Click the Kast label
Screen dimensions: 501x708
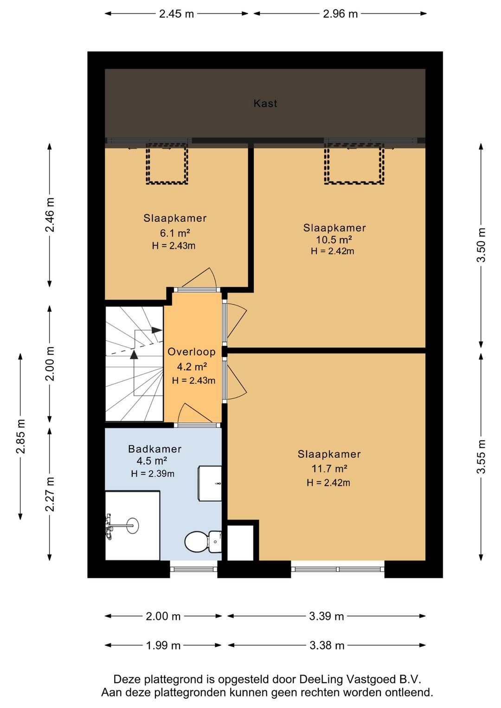[265, 103]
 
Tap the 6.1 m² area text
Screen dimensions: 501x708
[175, 233]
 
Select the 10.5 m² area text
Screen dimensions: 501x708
[334, 239]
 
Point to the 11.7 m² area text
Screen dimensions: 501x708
[329, 468]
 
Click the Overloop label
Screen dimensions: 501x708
[192, 352]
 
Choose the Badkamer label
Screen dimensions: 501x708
[155, 449]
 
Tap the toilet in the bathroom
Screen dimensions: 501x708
[203, 542]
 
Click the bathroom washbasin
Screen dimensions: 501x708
[210, 483]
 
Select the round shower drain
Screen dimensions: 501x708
[133, 526]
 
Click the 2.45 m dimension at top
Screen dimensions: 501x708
[176, 14]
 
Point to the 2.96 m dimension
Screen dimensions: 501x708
[340, 14]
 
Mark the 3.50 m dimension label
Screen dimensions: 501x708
[481, 245]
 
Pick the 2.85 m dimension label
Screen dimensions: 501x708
[20, 436]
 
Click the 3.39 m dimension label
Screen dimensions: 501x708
[327, 616]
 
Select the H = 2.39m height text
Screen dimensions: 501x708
[153, 474]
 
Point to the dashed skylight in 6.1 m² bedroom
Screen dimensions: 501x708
[167, 163]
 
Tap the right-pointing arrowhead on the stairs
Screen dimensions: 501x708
[157, 330]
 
